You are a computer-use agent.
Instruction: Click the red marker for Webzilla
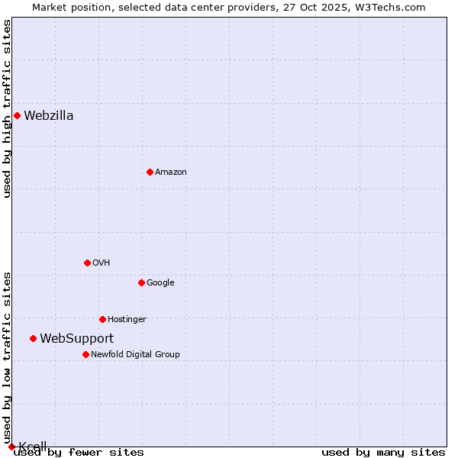point(17,115)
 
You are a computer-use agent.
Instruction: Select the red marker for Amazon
point(150,172)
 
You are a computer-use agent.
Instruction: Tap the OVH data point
point(87,263)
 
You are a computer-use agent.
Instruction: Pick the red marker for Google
point(141,282)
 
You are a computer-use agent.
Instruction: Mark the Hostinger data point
point(102,319)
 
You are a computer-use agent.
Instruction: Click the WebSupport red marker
point(33,338)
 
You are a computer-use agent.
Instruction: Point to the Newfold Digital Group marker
point(85,354)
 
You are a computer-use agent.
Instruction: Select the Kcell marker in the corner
point(11,447)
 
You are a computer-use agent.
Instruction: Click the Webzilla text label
point(49,116)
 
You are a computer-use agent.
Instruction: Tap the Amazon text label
point(171,173)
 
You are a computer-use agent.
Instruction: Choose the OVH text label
point(102,263)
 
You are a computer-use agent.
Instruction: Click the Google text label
point(160,283)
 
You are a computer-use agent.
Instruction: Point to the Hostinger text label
point(127,320)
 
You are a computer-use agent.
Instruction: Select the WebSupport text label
point(77,339)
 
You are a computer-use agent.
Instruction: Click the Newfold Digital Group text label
point(135,355)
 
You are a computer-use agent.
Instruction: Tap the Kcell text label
point(33,447)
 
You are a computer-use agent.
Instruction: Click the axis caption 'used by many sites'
point(383,453)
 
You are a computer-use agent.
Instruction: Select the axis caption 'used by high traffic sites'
point(7,108)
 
